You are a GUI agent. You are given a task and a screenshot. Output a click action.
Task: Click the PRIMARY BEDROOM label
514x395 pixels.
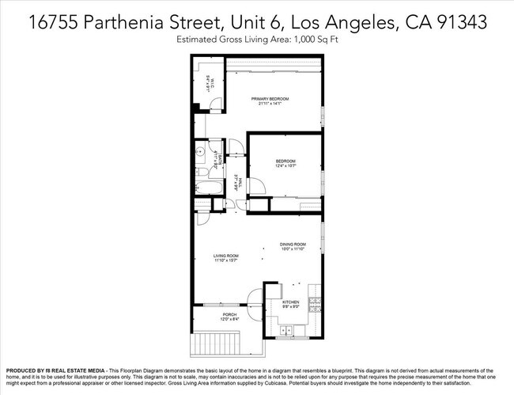[270, 99]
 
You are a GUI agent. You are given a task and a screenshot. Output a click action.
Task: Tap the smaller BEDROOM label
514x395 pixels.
[285, 161]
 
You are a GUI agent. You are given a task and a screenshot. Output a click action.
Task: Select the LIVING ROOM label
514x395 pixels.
[226, 256]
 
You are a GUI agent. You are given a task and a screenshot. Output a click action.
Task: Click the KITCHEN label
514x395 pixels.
[292, 302]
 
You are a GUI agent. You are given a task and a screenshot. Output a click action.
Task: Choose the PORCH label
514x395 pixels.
[229, 315]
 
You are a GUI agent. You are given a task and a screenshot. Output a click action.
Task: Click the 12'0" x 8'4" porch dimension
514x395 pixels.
[229, 321]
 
